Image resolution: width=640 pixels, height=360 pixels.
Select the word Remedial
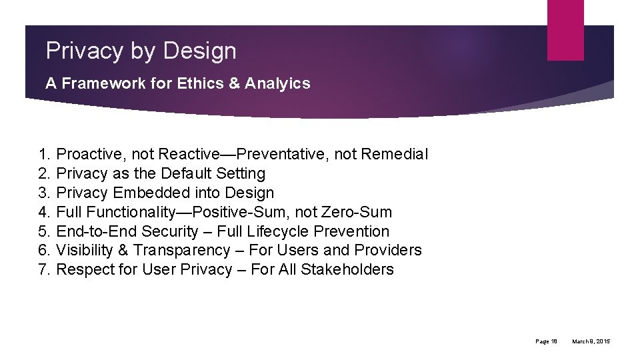click(395, 155)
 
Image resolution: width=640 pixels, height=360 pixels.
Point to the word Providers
click(389, 251)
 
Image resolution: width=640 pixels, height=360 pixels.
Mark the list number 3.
click(44, 193)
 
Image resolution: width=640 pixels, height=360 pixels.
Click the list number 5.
click(44, 232)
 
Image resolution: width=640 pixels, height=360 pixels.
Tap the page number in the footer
click(547, 342)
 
